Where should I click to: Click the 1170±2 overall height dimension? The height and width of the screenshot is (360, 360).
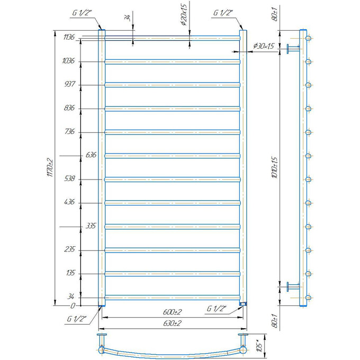pos(50,168)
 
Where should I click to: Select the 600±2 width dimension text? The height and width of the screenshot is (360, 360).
pos(172,312)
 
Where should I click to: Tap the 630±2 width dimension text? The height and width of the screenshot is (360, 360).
pos(172,323)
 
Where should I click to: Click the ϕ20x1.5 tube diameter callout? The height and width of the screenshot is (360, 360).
pos(184,14)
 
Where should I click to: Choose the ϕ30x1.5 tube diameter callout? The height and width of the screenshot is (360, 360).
pos(264,46)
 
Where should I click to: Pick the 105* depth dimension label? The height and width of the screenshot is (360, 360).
pos(259,346)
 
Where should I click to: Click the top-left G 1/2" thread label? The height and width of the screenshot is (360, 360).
pos(82,13)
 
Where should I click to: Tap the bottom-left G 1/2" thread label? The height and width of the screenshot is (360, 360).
pos(76,319)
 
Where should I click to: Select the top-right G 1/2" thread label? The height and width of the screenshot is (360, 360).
pos(223,13)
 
